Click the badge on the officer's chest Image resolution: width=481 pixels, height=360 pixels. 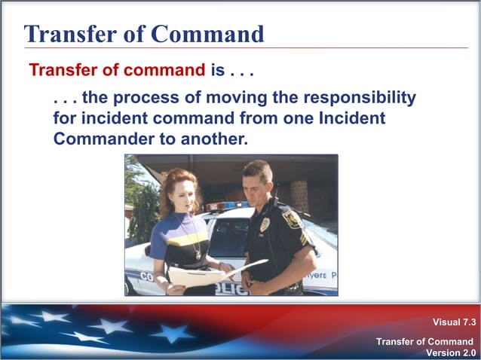click(265, 225)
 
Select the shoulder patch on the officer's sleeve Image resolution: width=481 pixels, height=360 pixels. click(291, 220)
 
